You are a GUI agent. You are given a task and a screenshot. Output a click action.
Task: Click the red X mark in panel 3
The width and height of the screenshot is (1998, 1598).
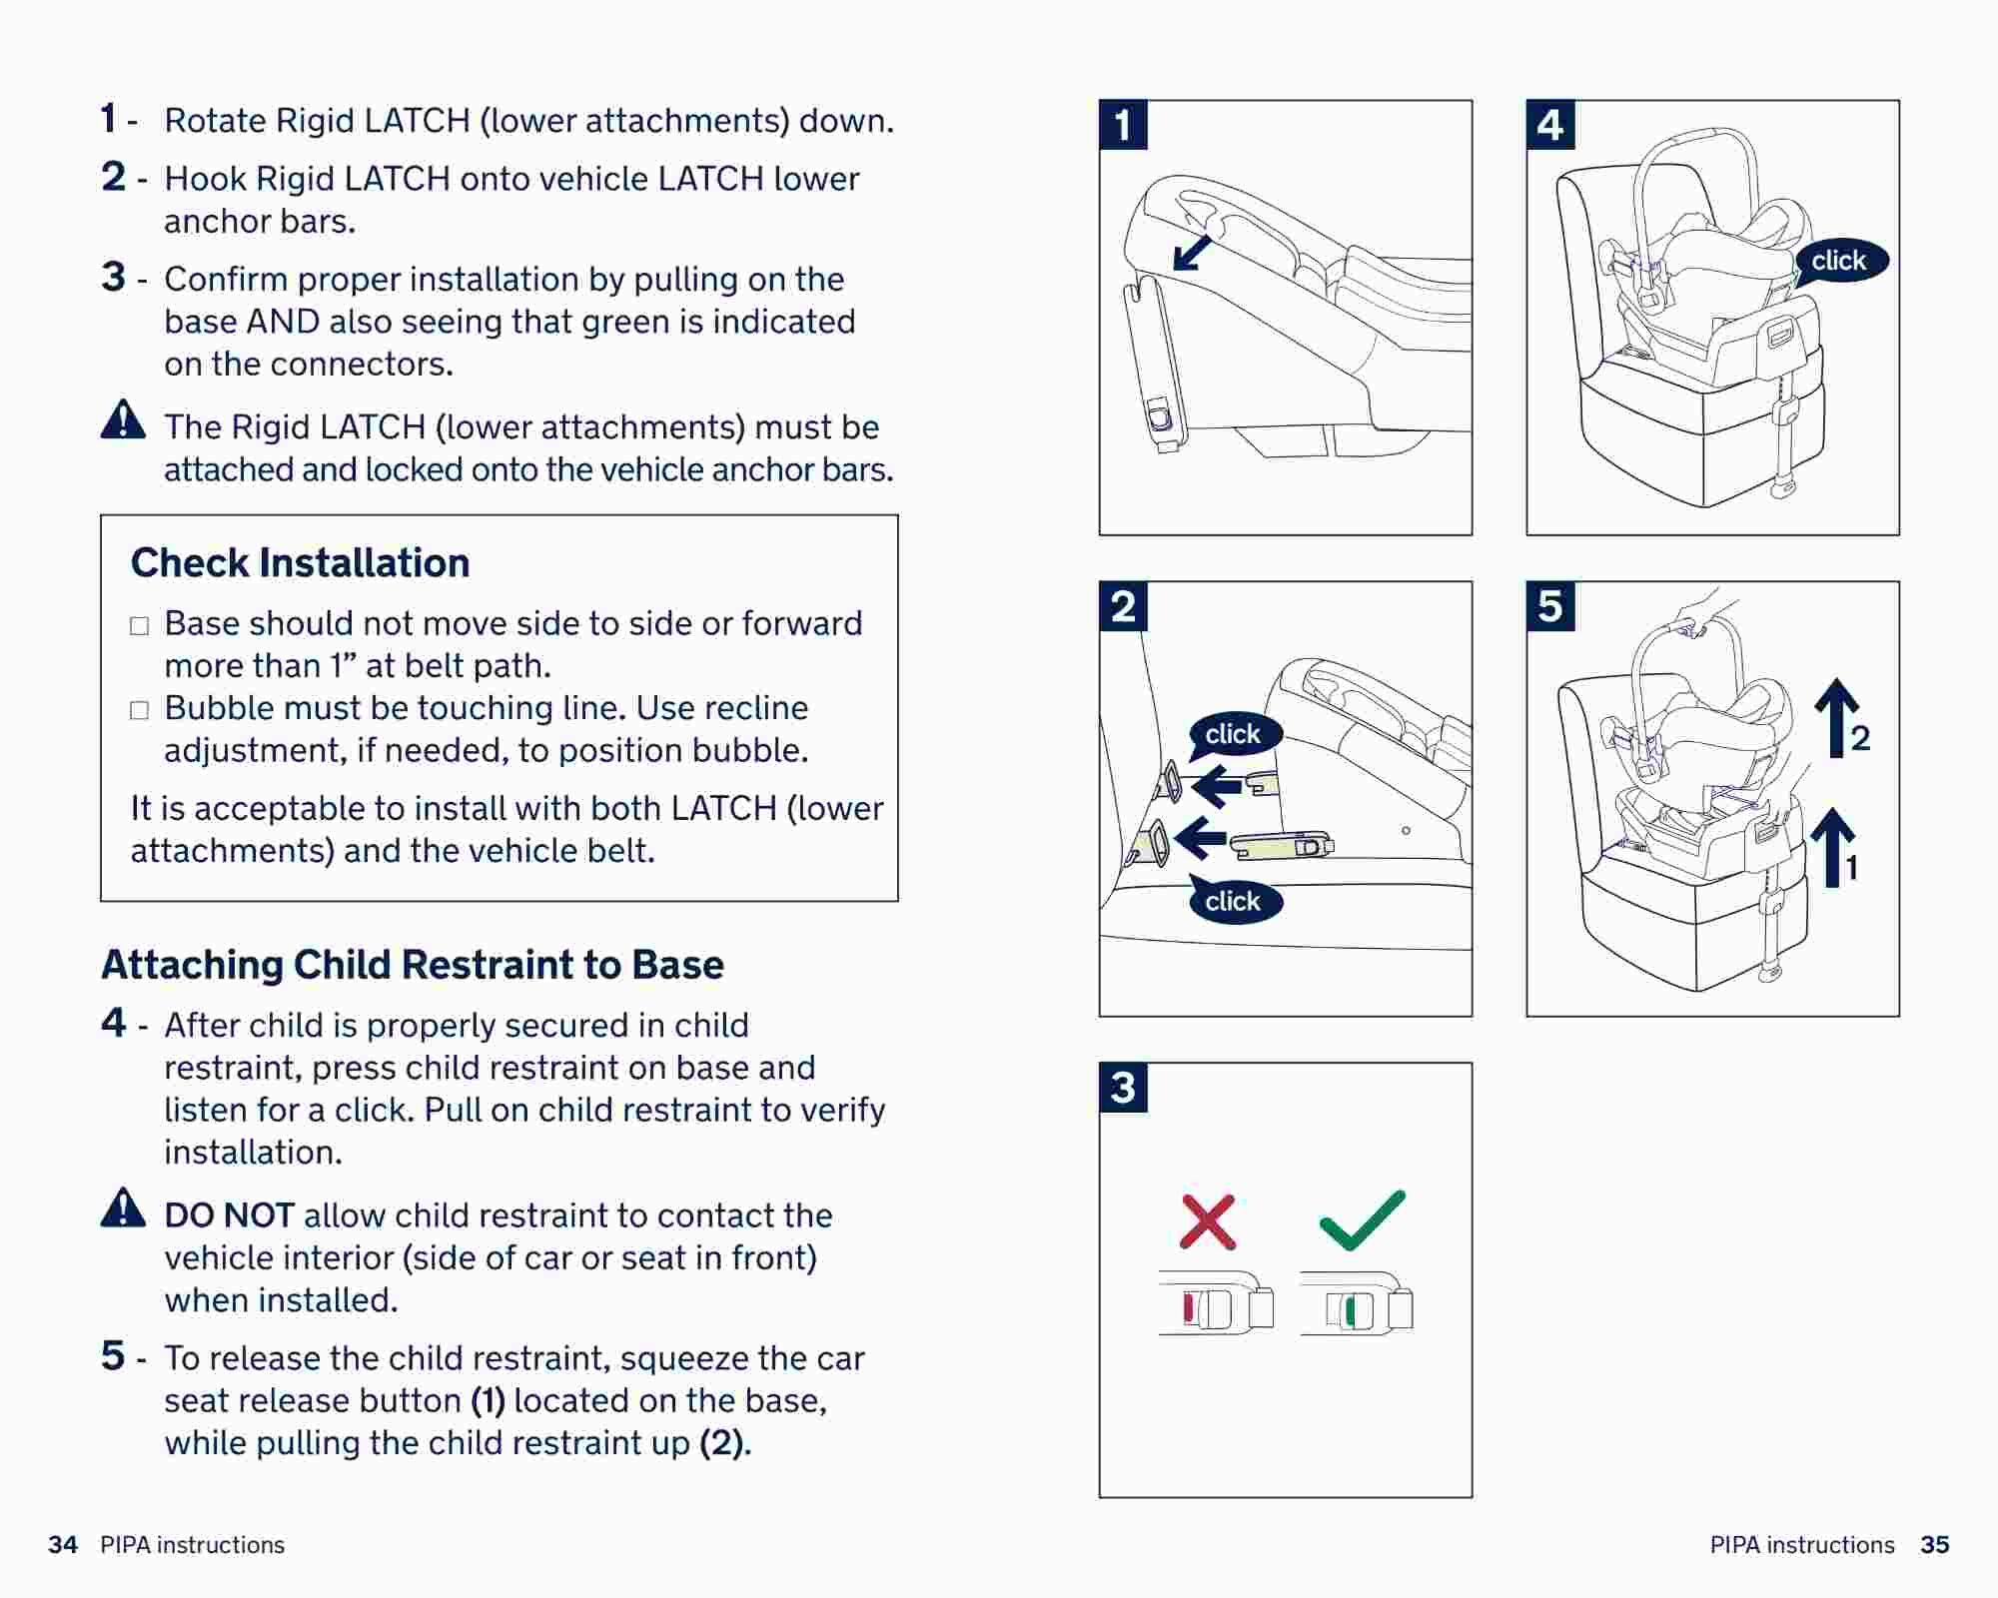pyautogui.click(x=1208, y=1221)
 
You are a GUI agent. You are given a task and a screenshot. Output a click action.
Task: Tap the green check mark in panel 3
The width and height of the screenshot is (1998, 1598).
pyautogui.click(x=1362, y=1221)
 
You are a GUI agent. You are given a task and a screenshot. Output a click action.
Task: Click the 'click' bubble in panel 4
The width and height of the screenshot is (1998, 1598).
pyautogui.click(x=1838, y=261)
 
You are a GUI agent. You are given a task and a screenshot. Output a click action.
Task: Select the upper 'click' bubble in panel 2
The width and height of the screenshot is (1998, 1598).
pyautogui.click(x=1233, y=734)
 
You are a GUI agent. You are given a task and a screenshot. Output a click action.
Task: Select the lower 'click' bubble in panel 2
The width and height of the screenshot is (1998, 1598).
pyautogui.click(x=1233, y=901)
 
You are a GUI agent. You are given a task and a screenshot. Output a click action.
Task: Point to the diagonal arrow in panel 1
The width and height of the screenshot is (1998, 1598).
pyautogui.click(x=1191, y=254)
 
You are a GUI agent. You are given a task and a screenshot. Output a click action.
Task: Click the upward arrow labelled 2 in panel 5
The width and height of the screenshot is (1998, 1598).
pyautogui.click(x=1836, y=717)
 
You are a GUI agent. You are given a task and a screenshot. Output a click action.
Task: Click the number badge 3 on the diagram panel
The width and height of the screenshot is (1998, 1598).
pyautogui.click(x=1123, y=1088)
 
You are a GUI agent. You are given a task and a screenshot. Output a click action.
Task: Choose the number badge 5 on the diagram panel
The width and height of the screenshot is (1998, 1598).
pyautogui.click(x=1550, y=606)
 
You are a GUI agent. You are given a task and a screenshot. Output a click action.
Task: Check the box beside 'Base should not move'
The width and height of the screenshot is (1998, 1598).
pyautogui.click(x=140, y=626)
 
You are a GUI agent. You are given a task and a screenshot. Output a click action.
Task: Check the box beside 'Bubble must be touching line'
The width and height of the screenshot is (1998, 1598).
pyautogui.click(x=140, y=710)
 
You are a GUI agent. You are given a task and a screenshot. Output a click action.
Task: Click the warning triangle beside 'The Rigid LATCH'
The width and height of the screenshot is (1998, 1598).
pyautogui.click(x=123, y=420)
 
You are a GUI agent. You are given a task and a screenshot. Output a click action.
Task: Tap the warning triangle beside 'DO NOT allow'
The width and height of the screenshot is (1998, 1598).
pyautogui.click(x=123, y=1207)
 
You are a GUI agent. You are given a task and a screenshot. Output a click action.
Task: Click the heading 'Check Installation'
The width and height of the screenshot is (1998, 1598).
pyautogui.click(x=300, y=563)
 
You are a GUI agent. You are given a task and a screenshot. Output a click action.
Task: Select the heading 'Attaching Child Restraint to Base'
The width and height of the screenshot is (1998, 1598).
pyautogui.click(x=412, y=965)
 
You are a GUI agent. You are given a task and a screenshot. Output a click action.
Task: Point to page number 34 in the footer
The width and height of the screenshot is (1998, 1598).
pyautogui.click(x=63, y=1545)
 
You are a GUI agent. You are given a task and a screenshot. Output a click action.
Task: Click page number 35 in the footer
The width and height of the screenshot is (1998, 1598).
pyautogui.click(x=1934, y=1545)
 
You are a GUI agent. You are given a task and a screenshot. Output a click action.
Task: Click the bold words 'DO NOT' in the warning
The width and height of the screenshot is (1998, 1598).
pyautogui.click(x=229, y=1215)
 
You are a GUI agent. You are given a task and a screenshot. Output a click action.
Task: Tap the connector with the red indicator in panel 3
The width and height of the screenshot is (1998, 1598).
pyautogui.click(x=1216, y=1306)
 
